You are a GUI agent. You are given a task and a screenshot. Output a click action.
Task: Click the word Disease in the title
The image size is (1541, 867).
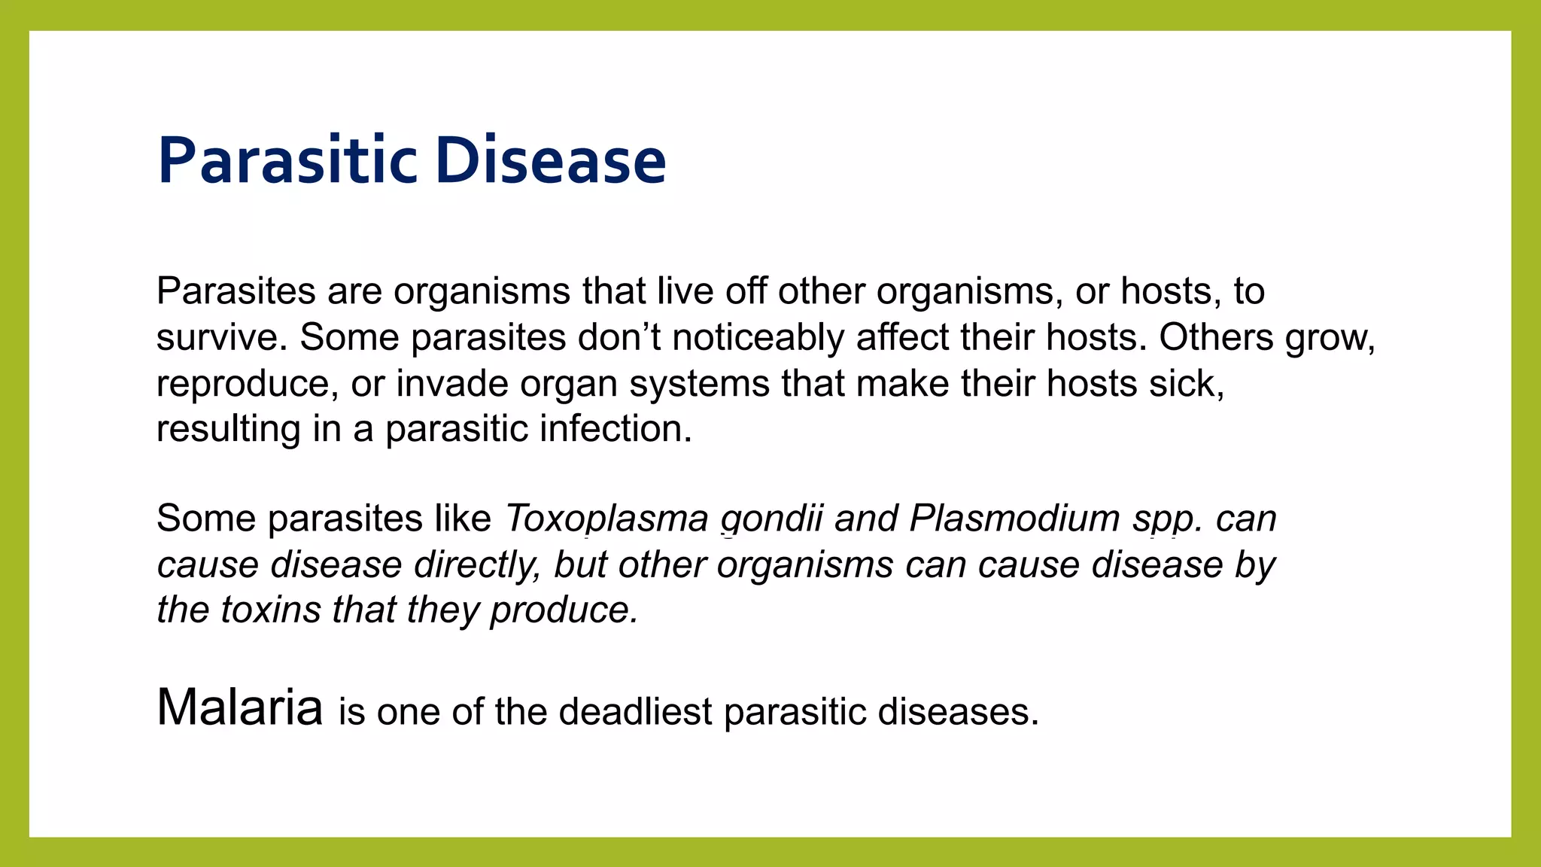[x=550, y=160]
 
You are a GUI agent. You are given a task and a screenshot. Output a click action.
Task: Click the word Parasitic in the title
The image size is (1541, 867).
[x=287, y=160]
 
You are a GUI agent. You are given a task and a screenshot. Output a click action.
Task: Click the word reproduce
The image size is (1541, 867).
[x=243, y=384]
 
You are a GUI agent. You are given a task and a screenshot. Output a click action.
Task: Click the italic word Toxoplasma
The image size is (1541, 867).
[x=606, y=519]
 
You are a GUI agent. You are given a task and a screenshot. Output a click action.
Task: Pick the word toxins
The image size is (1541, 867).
[x=271, y=610]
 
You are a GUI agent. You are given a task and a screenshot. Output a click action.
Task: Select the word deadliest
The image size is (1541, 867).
[x=635, y=712]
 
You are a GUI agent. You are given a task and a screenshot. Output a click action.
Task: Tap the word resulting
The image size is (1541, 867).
[x=228, y=430]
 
